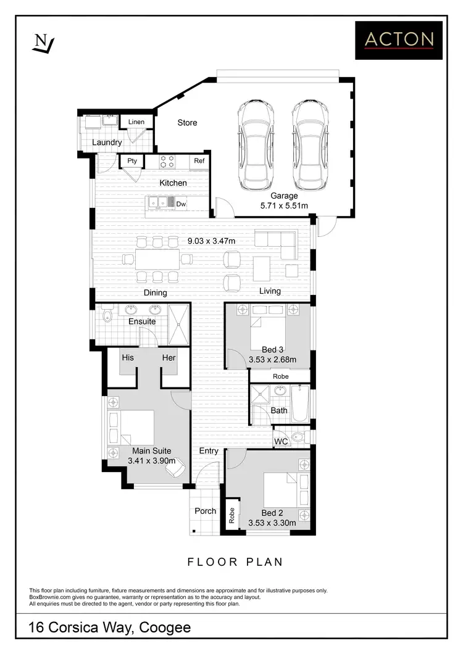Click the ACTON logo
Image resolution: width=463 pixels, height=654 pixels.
point(399,40)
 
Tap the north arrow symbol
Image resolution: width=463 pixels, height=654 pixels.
point(43,43)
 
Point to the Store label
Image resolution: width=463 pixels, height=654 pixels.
point(187,123)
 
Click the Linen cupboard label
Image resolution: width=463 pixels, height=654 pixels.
point(136,122)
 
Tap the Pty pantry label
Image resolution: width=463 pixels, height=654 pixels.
point(132,161)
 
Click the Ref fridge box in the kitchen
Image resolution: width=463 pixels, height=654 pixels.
point(199,162)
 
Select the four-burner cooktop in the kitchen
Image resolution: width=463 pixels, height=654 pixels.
point(167,162)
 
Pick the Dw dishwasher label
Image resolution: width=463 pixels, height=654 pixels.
point(181,204)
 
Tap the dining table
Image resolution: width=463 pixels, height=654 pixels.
point(157,259)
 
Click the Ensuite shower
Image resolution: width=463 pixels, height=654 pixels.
point(179,325)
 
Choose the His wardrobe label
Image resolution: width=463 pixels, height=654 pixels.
point(128,358)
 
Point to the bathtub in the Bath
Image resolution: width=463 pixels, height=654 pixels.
point(300,404)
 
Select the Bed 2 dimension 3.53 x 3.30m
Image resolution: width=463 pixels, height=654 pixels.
point(272,523)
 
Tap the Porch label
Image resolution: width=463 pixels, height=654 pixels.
point(205,511)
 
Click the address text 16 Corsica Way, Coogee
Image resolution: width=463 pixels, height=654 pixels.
point(110,628)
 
